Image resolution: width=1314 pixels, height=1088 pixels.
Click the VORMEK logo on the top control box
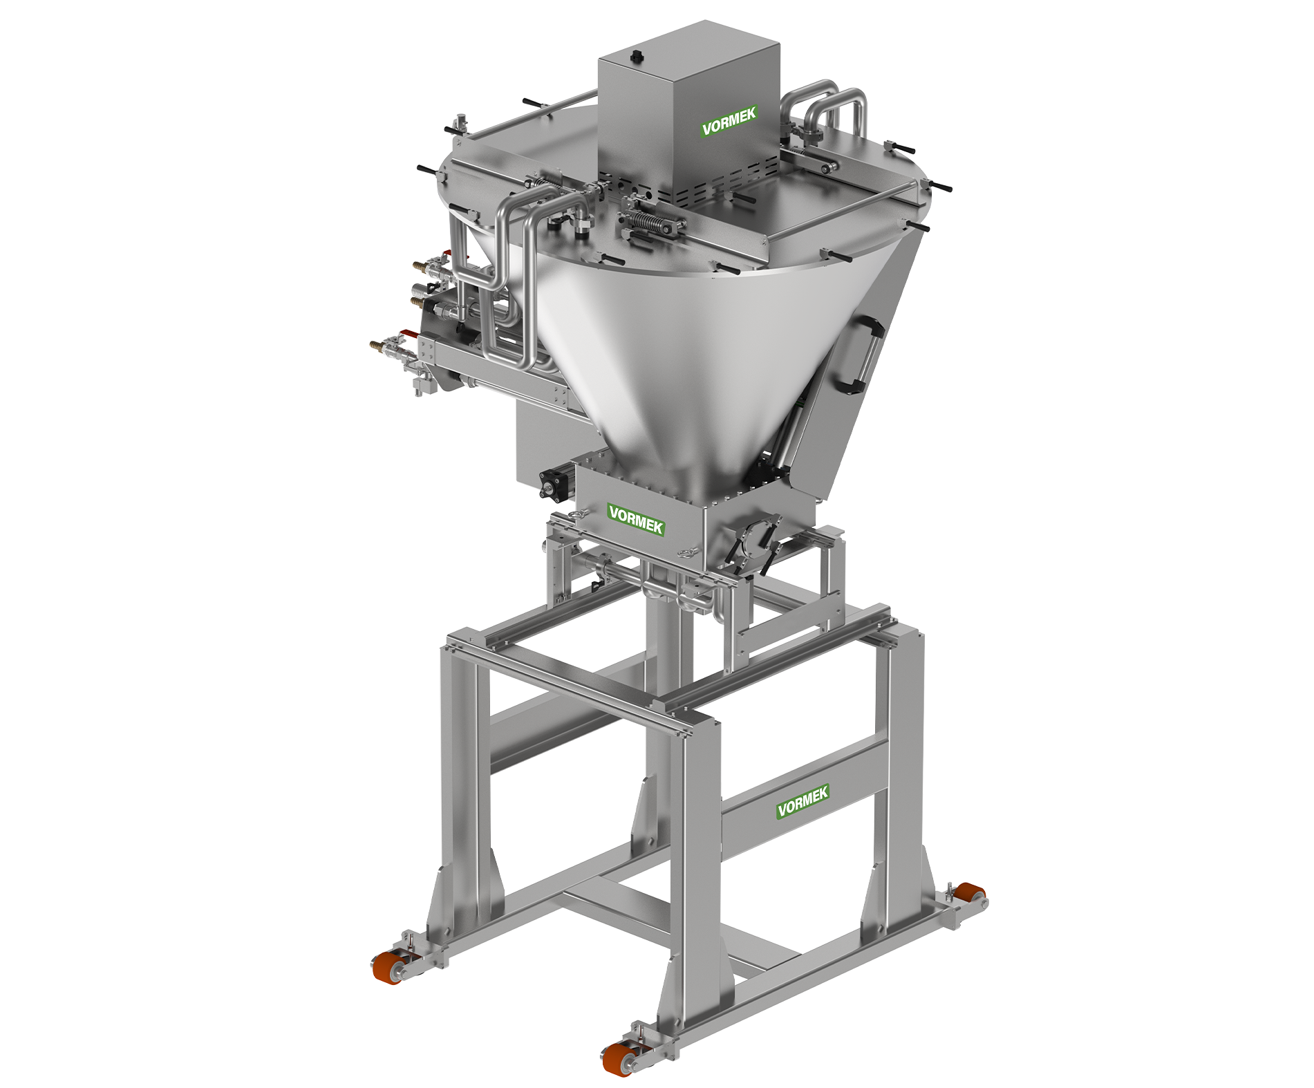coord(729,122)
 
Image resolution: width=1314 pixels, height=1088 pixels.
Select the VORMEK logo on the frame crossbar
coord(803,801)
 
